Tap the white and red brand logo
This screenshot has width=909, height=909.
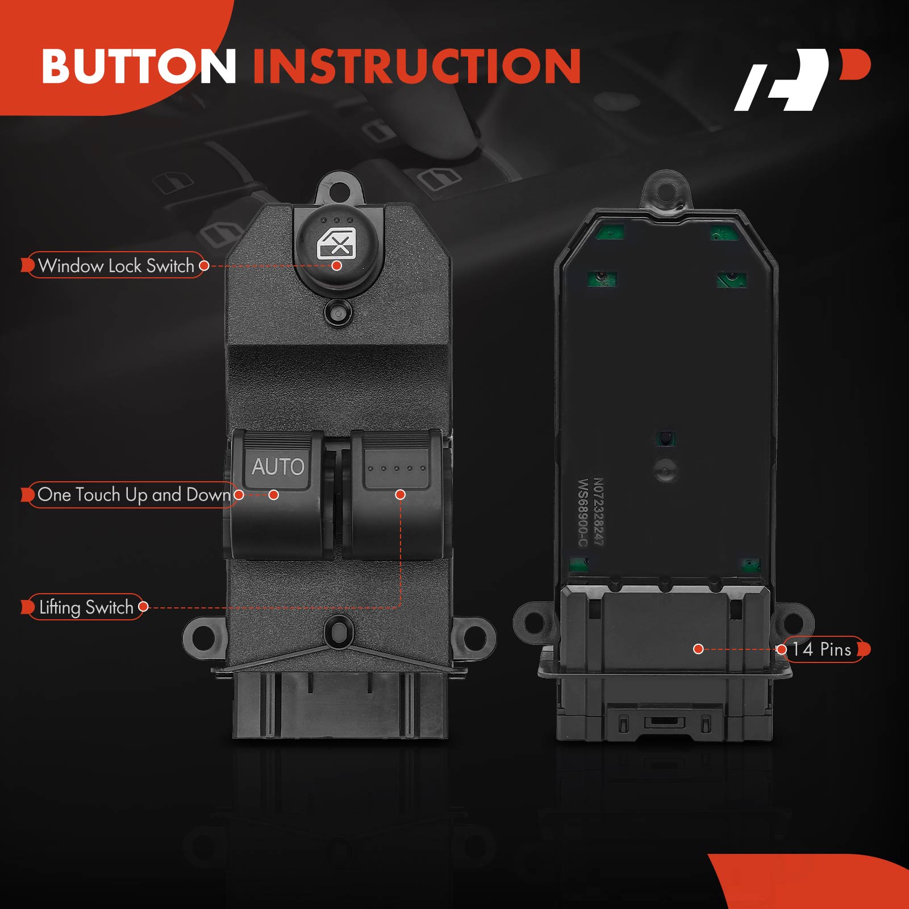tap(802, 80)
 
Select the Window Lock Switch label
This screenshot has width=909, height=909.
tap(115, 265)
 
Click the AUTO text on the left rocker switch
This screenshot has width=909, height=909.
tap(278, 467)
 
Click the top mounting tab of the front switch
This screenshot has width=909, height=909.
tap(340, 189)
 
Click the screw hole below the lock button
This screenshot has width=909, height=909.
tap(339, 313)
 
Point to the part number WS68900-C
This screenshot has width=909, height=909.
tap(583, 513)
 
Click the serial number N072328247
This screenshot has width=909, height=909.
tap(598, 512)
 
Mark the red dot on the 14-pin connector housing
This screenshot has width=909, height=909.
tap(699, 649)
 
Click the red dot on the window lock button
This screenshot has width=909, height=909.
tap(337, 265)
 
